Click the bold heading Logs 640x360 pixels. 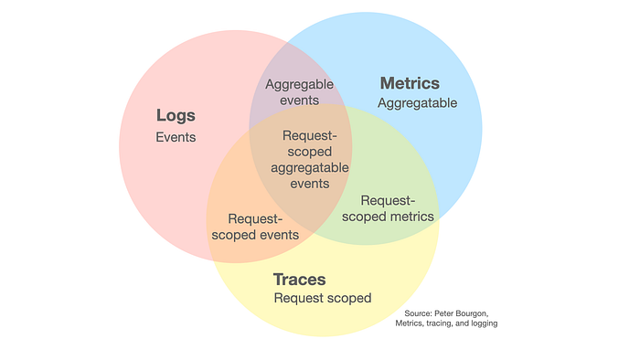(x=176, y=116)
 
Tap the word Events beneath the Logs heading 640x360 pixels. (x=176, y=137)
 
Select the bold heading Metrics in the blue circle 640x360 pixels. (x=410, y=84)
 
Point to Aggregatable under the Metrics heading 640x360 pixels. (x=417, y=103)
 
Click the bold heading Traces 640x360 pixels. (x=299, y=280)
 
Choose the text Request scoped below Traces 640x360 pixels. (x=323, y=298)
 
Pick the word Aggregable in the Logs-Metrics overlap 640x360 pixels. (x=300, y=85)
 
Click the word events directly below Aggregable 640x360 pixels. (x=300, y=101)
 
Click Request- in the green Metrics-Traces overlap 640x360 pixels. (x=389, y=200)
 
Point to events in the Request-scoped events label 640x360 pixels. (x=278, y=235)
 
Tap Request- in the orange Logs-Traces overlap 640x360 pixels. (x=255, y=218)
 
